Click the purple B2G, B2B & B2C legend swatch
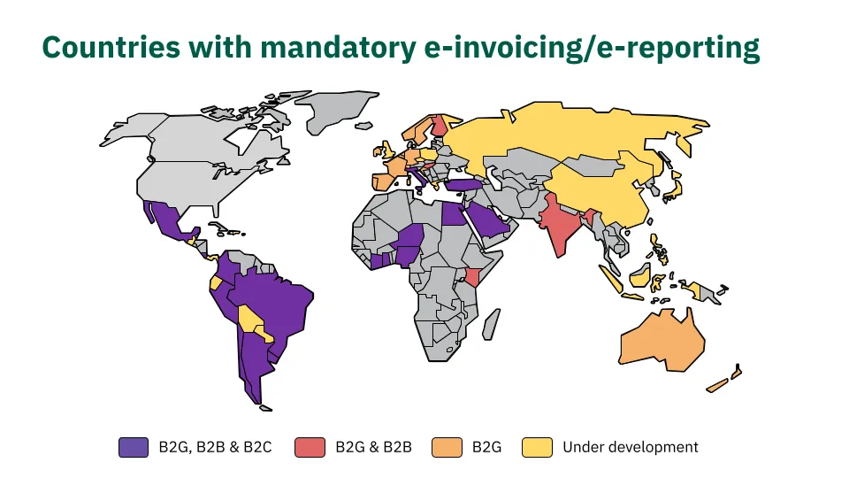click(134, 447)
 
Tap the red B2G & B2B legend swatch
click(310, 447)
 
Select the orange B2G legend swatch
click(447, 447)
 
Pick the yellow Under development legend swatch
click(537, 447)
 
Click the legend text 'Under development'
click(631, 447)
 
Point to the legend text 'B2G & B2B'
click(373, 447)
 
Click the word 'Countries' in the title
click(111, 47)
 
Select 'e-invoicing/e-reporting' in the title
click(592, 49)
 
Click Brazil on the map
click(271, 304)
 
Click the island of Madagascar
click(491, 324)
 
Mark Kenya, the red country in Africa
click(472, 276)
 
